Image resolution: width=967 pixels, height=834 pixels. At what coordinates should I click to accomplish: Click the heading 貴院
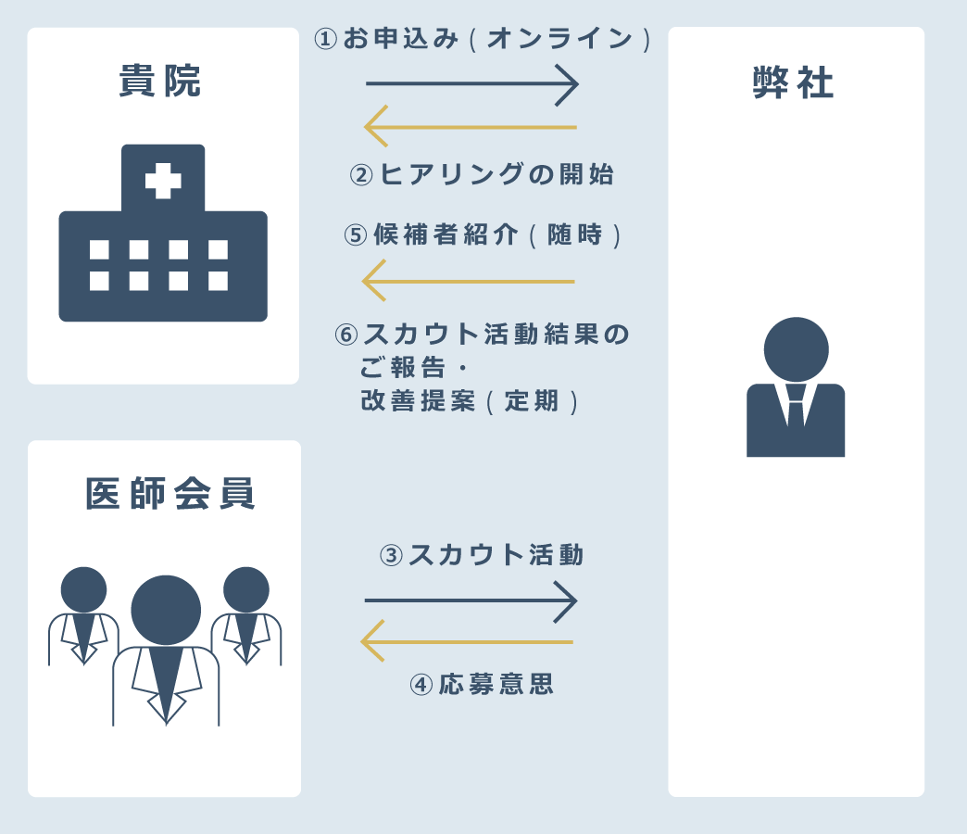click(x=160, y=82)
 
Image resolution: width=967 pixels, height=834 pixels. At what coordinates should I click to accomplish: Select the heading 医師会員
click(x=170, y=494)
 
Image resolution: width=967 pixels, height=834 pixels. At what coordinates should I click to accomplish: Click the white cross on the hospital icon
click(x=163, y=181)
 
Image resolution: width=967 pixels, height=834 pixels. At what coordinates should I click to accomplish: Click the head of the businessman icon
click(x=796, y=348)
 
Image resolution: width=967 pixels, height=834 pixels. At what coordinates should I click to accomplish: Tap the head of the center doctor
click(x=166, y=610)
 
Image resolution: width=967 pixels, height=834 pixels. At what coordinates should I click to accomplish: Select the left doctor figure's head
click(x=83, y=589)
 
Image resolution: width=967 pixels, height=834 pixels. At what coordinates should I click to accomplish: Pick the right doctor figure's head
click(x=246, y=589)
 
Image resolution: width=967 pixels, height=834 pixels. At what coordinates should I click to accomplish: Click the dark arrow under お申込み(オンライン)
click(x=472, y=84)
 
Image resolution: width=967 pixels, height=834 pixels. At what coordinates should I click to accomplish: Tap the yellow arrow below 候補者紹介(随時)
click(x=469, y=281)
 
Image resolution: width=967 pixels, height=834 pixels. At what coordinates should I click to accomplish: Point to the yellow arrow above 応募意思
click(x=467, y=641)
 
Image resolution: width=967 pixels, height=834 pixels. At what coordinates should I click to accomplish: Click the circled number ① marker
click(x=326, y=39)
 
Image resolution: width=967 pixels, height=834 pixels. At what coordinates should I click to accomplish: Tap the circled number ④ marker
click(x=421, y=685)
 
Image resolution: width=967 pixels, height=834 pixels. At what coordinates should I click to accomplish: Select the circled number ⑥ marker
click(x=346, y=335)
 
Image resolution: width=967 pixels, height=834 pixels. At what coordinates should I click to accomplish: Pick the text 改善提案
click(x=418, y=401)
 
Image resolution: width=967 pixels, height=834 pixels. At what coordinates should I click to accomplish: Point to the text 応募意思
click(x=496, y=685)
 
